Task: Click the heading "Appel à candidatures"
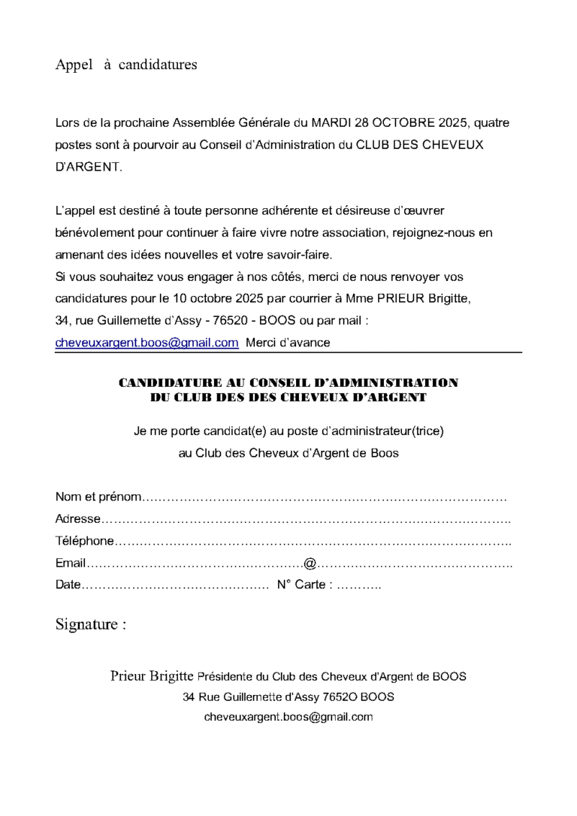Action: pos(126,65)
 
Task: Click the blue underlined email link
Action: pos(147,343)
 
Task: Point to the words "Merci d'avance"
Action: pos(288,343)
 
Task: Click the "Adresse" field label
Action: pos(77,519)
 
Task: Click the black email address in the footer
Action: pos(288,717)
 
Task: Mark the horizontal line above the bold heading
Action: pos(288,352)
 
